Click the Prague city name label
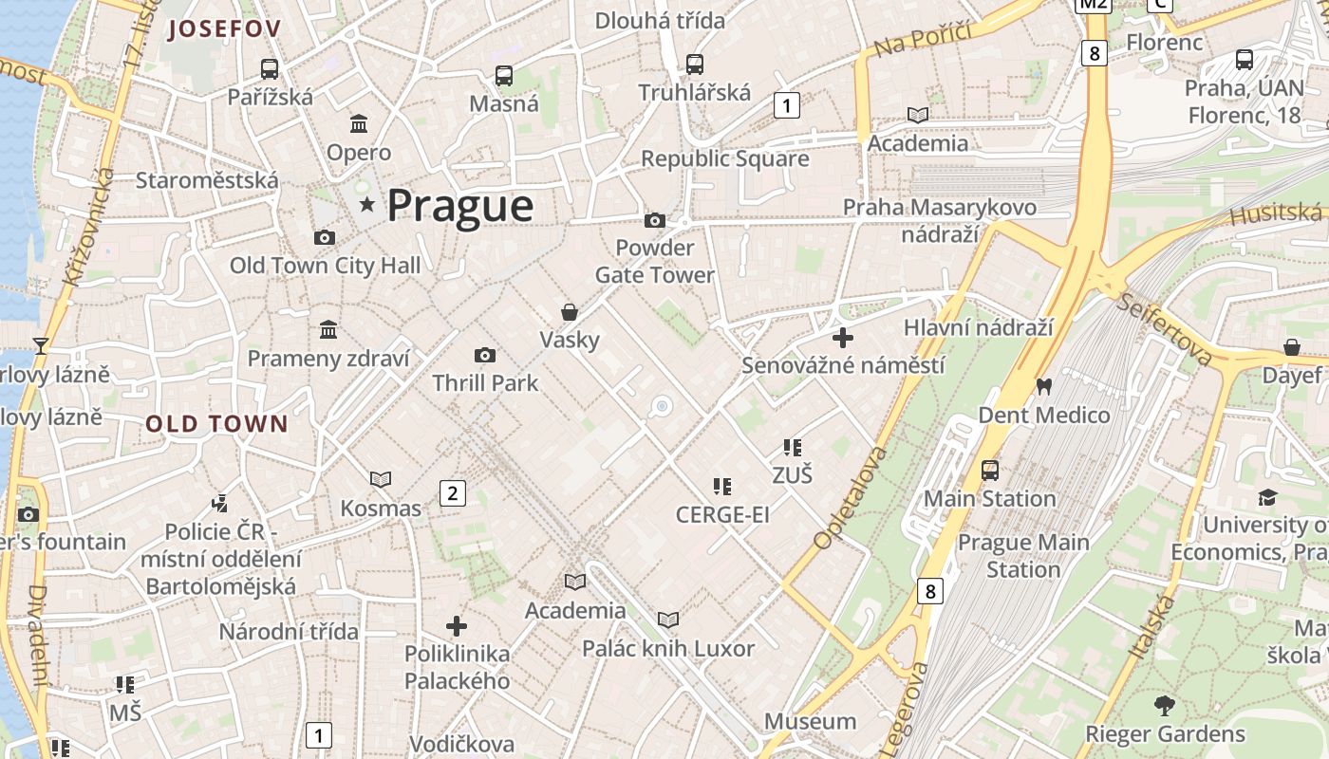(460, 206)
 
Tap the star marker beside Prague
(366, 204)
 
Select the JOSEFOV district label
(224, 29)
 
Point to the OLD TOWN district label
(216, 424)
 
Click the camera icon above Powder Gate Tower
(655, 220)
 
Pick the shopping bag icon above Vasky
(570, 311)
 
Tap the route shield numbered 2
(452, 492)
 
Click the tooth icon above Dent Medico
(1044, 386)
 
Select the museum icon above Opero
(359, 123)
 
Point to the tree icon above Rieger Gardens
(1165, 705)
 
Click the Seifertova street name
(1165, 329)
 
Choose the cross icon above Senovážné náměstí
(842, 337)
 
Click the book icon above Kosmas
(381, 480)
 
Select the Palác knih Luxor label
(668, 649)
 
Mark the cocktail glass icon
(41, 345)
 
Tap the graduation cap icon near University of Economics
(1267, 497)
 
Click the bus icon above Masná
(504, 75)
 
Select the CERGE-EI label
(722, 514)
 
